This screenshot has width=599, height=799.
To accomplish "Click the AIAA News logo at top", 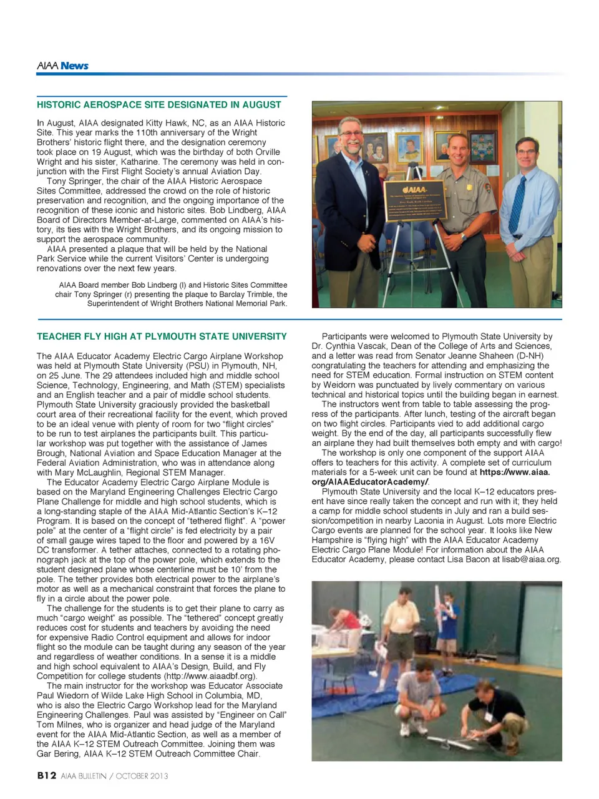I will click(x=62, y=66).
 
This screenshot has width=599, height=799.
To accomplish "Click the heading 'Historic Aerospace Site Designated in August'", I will click(x=158, y=105).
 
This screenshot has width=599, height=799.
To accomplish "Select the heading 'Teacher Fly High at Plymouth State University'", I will click(x=162, y=336).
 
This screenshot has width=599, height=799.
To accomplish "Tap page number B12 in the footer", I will click(x=47, y=775).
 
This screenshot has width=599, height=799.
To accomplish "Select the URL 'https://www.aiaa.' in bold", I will click(x=515, y=473).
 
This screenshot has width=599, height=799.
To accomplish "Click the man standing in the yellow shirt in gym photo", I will click(x=401, y=624).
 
